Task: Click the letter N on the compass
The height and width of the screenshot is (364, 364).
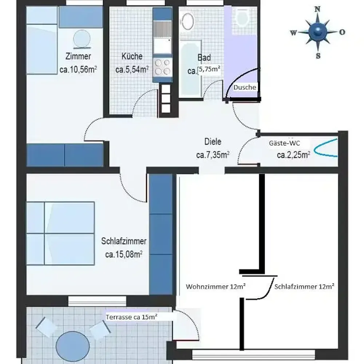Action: pos(317,9)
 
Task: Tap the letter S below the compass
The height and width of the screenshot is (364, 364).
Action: pos(318,56)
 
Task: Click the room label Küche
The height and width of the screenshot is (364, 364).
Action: pos(132,56)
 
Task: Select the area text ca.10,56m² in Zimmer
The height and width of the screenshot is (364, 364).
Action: pos(78,70)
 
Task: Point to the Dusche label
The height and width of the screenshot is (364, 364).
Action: pos(245,87)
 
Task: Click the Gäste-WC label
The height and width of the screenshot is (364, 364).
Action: pos(284,143)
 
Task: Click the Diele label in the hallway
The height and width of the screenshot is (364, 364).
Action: pos(213,142)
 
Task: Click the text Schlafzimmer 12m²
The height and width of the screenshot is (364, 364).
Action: pos(305,286)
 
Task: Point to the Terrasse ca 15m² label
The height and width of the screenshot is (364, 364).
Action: pos(131,317)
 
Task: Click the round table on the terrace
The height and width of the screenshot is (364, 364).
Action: pos(73,346)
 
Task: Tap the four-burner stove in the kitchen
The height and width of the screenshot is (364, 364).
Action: pos(162,67)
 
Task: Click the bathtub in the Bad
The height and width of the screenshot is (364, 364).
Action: pos(190,69)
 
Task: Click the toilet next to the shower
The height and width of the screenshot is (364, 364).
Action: pos(242,16)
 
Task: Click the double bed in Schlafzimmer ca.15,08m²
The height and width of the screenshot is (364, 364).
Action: pos(60,233)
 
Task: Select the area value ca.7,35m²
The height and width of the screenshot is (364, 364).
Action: pos(213,155)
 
